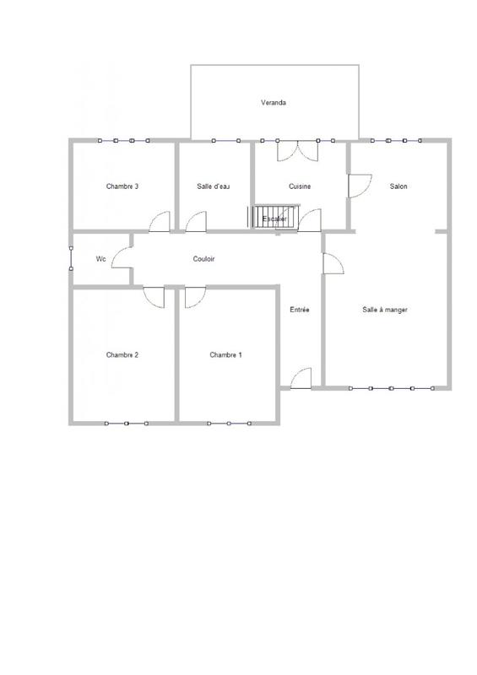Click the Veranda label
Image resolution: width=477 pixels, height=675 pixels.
(x=273, y=103)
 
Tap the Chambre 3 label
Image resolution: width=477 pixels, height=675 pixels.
(x=122, y=186)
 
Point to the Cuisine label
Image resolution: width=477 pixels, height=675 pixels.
(x=300, y=186)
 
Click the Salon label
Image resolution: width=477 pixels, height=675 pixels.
(x=398, y=186)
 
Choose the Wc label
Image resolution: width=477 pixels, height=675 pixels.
(x=100, y=259)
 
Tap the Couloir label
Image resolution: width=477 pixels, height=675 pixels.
(x=203, y=259)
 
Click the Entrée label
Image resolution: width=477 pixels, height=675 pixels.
(x=300, y=310)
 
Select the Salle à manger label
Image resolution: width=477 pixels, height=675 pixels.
(x=385, y=310)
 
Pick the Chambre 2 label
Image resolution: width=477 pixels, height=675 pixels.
(x=122, y=354)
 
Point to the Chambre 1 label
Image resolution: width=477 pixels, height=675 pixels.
(x=225, y=354)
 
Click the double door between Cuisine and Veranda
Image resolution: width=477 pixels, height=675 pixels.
(x=298, y=150)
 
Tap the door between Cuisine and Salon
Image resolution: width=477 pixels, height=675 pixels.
(x=359, y=186)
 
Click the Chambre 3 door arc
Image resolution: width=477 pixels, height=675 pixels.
(x=159, y=221)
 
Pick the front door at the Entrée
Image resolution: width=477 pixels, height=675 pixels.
(x=301, y=379)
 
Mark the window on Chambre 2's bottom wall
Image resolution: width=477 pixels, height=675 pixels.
(x=126, y=422)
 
